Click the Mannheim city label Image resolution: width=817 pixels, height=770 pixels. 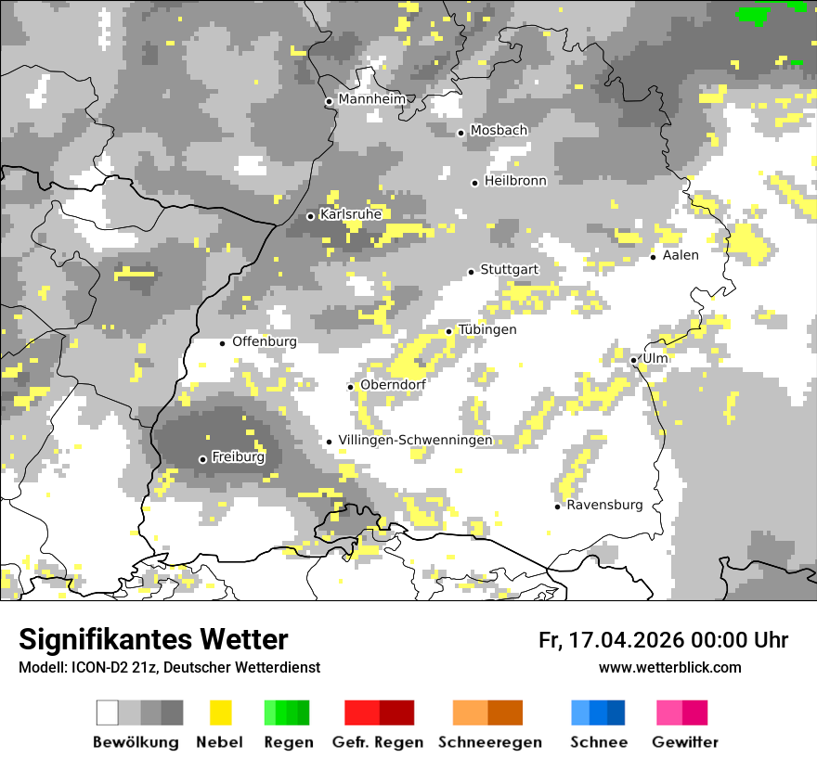coord(372,99)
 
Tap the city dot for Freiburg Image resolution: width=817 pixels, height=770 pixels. coord(202,459)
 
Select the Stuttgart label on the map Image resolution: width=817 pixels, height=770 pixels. coord(510,269)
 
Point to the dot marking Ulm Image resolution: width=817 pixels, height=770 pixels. coord(633,360)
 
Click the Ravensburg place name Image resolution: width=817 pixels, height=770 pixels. coord(604,505)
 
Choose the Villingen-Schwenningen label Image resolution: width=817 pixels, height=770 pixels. coord(415,440)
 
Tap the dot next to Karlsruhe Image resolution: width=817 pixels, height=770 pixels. coord(311,216)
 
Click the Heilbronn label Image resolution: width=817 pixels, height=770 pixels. coord(515,181)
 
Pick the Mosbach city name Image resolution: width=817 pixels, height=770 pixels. coord(499,131)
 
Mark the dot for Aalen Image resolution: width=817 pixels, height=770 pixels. coord(654,257)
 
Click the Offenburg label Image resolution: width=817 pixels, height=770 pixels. coord(265,341)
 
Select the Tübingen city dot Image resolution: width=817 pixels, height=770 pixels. coord(449,331)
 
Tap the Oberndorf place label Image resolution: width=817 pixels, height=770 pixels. coord(393,385)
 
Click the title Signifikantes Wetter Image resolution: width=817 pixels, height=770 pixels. coord(153,639)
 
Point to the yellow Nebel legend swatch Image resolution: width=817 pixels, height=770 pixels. coord(220,712)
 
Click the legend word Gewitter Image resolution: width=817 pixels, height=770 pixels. coord(685,742)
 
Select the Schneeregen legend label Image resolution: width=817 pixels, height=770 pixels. coord(490,742)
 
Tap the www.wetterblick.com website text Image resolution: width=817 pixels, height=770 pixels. coord(669,667)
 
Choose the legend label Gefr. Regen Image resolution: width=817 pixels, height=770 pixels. coord(378,742)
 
